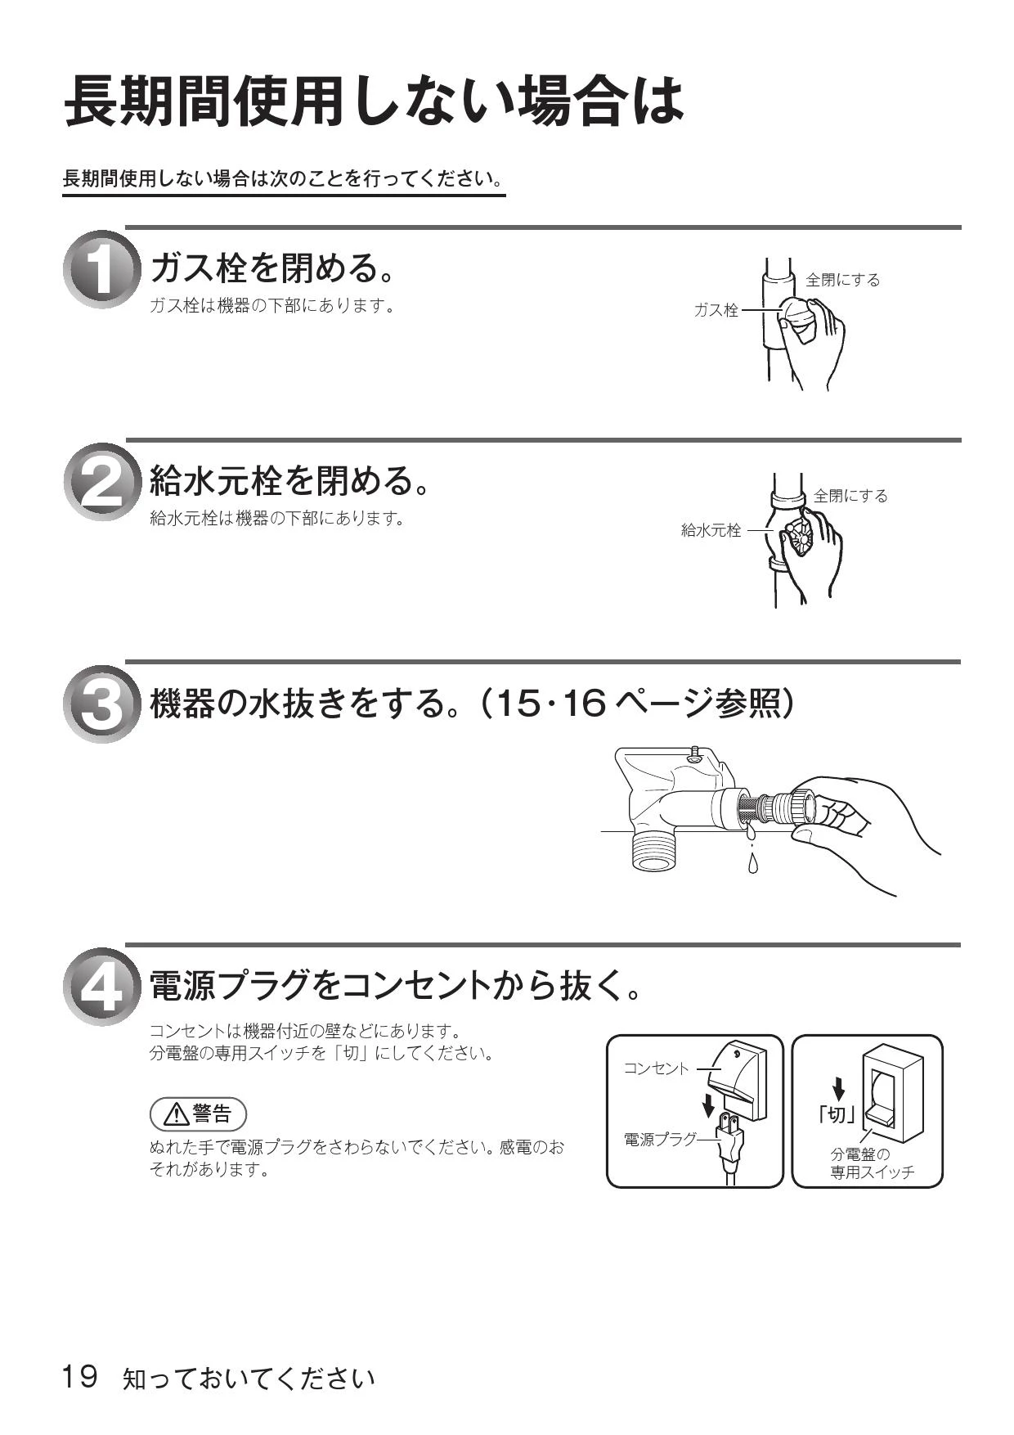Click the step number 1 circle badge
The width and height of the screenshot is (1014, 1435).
(101, 270)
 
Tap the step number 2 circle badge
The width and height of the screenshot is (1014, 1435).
(101, 482)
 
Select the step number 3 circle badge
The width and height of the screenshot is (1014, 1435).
(101, 704)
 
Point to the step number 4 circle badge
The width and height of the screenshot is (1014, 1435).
(101, 987)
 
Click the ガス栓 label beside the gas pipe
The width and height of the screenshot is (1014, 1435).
(716, 310)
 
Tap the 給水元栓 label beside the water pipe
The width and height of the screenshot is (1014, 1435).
(711, 530)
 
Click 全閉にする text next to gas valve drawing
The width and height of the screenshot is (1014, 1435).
(843, 280)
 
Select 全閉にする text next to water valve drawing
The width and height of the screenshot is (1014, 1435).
(850, 496)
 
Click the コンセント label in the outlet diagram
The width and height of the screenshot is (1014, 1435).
(657, 1068)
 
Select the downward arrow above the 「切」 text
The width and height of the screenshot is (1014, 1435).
(838, 1088)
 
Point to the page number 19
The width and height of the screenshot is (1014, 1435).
(80, 1376)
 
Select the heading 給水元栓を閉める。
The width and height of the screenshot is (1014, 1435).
(290, 479)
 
